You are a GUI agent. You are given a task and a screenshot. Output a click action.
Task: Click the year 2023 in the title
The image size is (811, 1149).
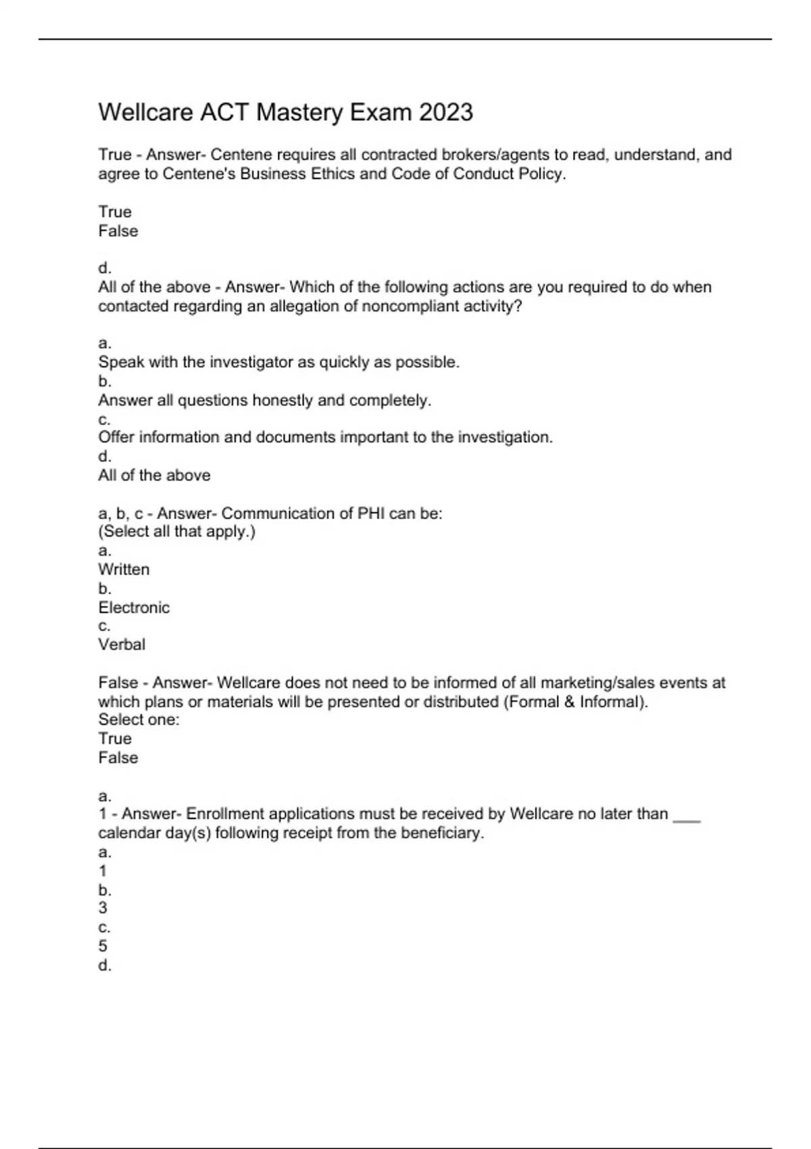coord(445,112)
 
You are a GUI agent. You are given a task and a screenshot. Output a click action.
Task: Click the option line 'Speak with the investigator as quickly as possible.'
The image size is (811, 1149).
coord(278,362)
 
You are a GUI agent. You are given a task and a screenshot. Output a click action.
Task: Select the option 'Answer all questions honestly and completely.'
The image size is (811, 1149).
coord(264,400)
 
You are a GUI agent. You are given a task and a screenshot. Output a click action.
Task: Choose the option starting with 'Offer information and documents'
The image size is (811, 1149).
coord(325,437)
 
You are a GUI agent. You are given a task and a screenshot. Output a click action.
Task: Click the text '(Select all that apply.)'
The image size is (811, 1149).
coord(176,531)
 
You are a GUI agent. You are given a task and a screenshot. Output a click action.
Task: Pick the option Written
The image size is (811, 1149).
coord(124,569)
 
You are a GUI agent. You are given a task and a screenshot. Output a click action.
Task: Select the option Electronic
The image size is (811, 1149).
coord(134,607)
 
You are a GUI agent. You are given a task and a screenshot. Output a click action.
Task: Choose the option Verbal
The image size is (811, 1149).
coord(122,644)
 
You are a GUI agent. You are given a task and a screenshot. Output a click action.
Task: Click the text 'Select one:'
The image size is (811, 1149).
coord(139,720)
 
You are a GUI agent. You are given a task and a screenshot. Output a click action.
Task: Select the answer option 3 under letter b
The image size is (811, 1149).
coord(103,908)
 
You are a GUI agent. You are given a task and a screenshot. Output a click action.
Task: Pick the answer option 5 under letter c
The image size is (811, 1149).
coord(103,946)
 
